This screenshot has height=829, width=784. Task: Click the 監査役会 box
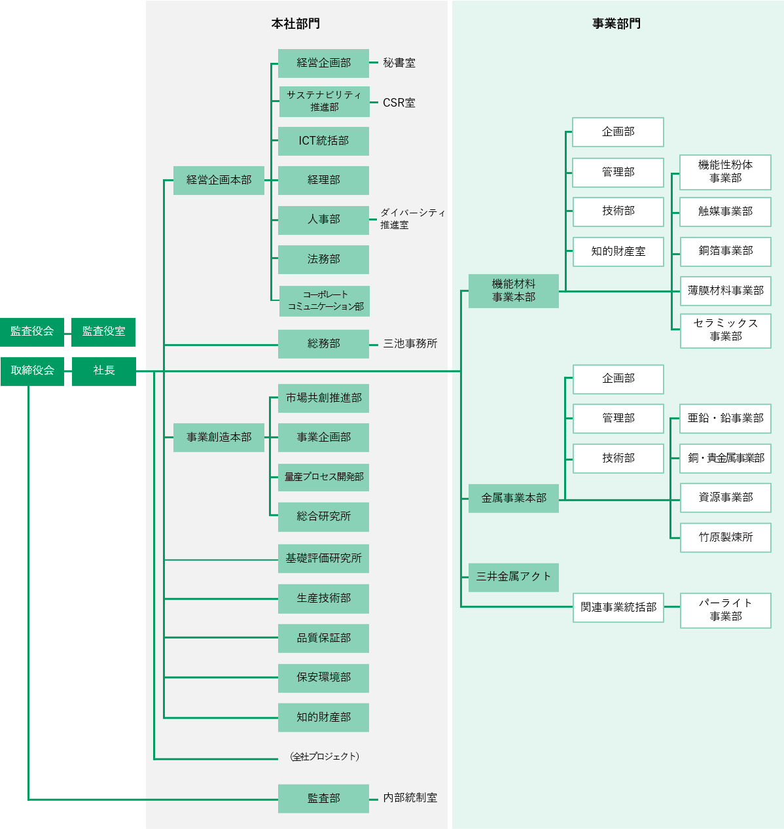32,332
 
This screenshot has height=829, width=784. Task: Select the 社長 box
103,371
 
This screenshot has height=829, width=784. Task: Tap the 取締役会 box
32,371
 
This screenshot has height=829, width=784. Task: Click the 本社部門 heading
296,24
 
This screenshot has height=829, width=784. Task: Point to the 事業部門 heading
616,24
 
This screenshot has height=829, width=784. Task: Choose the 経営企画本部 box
219,180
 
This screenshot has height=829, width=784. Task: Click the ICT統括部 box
323,141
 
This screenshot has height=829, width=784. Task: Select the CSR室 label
399,103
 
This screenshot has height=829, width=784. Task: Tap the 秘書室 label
399,63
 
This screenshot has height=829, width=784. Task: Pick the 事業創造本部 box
219,437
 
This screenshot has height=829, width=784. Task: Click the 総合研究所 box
323,517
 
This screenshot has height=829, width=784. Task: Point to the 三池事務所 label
410,344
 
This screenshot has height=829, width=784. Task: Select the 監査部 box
323,798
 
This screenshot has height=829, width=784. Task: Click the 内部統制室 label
410,798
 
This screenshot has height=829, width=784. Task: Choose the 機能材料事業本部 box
514,291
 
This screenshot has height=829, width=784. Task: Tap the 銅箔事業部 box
726,251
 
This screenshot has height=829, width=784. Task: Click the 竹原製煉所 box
726,538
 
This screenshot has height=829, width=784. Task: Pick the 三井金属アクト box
514,577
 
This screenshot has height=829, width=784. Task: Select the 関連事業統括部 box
618,607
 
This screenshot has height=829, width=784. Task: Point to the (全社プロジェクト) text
325,757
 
